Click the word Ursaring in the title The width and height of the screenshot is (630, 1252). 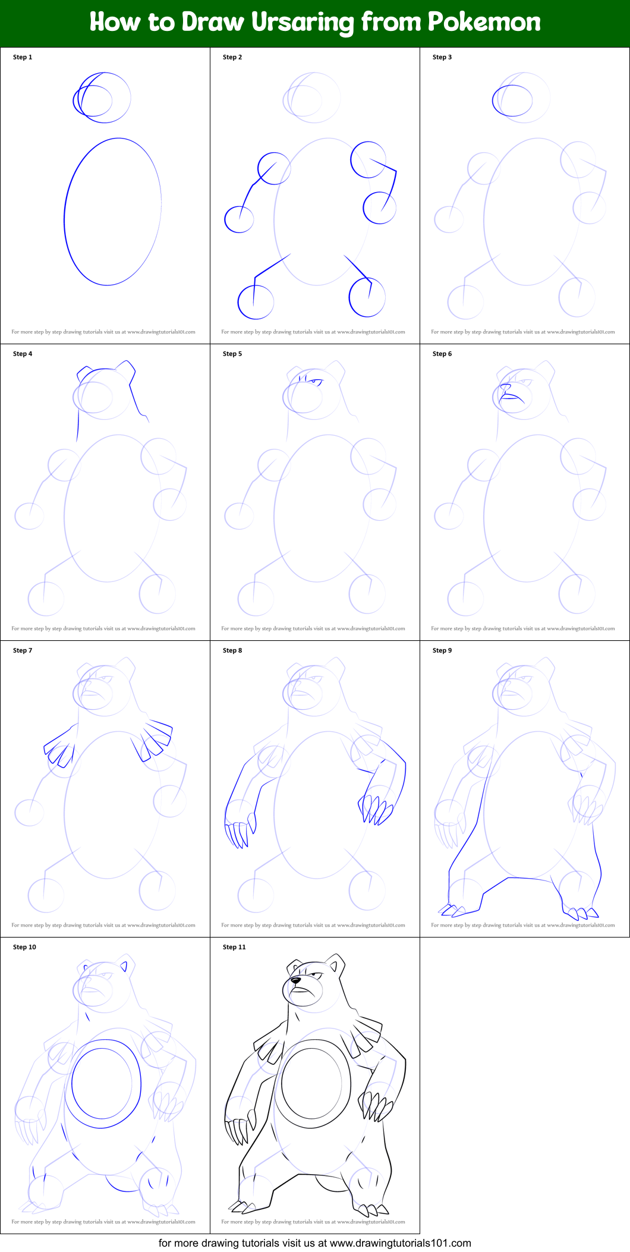(303, 23)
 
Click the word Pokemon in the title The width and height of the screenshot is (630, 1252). (484, 22)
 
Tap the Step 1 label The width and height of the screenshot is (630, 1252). (23, 57)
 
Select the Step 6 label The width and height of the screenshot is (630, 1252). (442, 354)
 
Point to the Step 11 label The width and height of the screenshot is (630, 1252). (234, 947)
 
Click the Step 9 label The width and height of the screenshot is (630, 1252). (442, 650)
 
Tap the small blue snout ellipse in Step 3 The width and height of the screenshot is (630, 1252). (512, 100)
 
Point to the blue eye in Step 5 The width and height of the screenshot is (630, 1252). (315, 381)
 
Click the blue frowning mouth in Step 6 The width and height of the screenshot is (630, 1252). (512, 398)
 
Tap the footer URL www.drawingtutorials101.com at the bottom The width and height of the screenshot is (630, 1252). (400, 1243)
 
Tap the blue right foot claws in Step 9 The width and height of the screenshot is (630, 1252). (581, 913)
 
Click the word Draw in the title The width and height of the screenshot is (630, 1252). (213, 22)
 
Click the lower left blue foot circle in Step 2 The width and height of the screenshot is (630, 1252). (256, 302)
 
